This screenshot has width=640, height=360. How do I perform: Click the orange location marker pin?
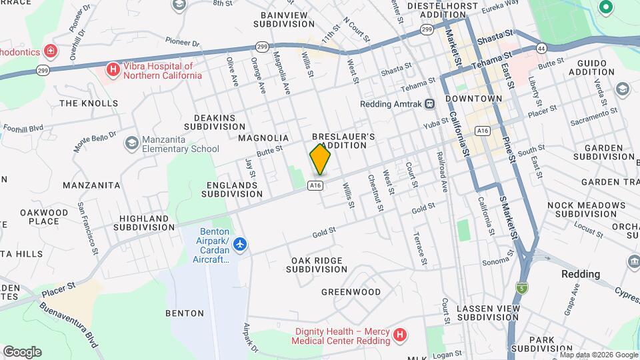click(x=320, y=159)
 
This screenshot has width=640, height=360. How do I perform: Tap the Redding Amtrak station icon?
click(x=430, y=103)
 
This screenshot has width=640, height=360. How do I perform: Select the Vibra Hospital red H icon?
click(x=113, y=69)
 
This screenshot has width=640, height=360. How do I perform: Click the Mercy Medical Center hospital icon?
click(x=399, y=335)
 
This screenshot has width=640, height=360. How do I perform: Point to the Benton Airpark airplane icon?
click(x=241, y=245)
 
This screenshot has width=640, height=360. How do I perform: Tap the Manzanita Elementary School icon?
click(x=131, y=143)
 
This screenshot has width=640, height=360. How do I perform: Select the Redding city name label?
click(x=580, y=274)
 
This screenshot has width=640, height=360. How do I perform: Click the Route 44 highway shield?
click(x=541, y=47)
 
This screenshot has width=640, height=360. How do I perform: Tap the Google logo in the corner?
click(x=22, y=351)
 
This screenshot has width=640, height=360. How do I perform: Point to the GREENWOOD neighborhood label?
click(x=351, y=292)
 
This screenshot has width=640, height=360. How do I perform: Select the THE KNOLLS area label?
click(x=89, y=103)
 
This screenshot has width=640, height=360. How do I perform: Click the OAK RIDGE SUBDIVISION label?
click(x=317, y=265)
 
